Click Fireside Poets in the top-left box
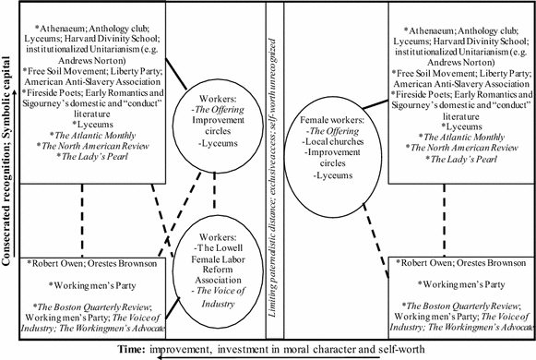56,91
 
